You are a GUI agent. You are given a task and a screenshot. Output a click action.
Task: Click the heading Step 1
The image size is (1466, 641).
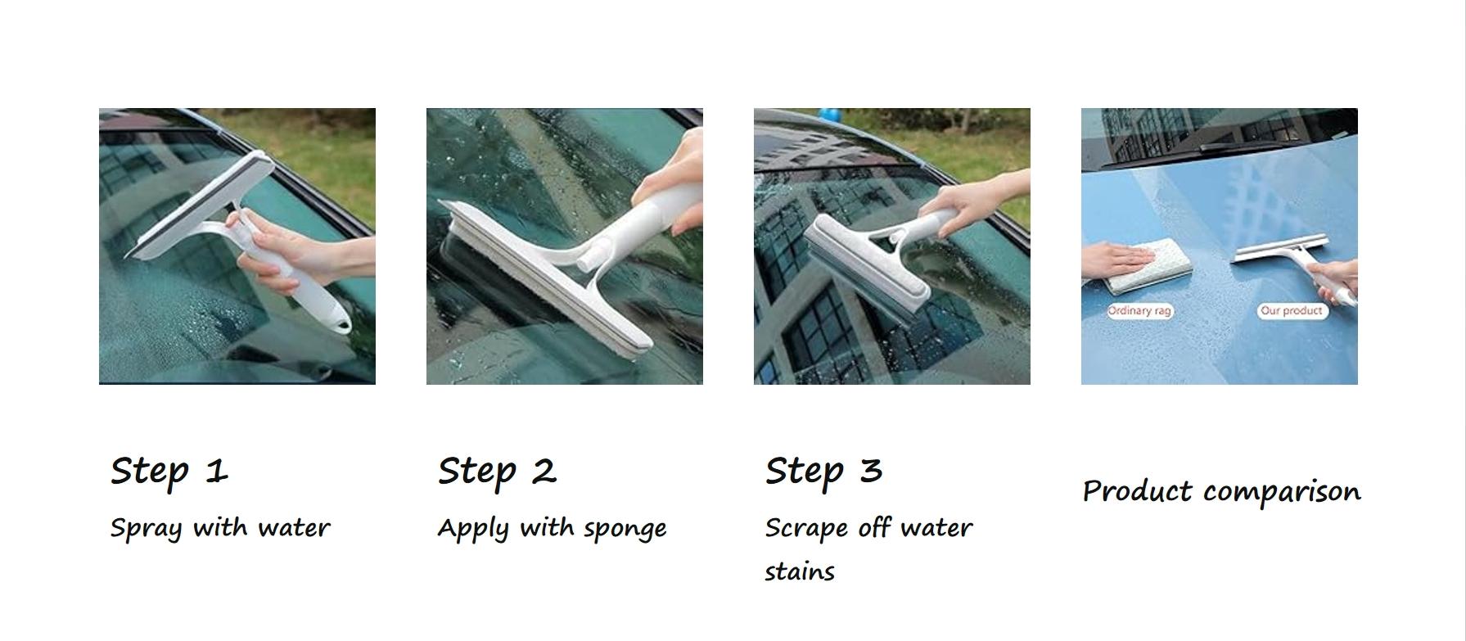(x=169, y=471)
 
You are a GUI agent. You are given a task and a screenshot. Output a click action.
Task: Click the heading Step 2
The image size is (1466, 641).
(x=497, y=471)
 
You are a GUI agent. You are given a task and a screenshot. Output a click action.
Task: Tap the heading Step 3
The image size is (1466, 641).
(x=823, y=471)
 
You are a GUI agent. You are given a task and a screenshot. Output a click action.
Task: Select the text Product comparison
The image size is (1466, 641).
(x=1221, y=491)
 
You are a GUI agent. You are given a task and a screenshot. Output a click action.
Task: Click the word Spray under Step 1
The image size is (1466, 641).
(x=146, y=528)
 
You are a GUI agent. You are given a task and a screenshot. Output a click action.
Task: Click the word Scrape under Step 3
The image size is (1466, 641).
(x=805, y=528)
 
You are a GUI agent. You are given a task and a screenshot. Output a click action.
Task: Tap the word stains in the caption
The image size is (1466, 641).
(x=799, y=571)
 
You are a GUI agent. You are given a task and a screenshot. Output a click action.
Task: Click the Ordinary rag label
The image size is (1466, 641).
(x=1139, y=311)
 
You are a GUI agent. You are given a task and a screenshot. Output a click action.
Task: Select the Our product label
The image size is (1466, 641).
(x=1291, y=311)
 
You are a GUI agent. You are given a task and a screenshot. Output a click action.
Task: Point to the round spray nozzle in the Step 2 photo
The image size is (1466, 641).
(x=588, y=261)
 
